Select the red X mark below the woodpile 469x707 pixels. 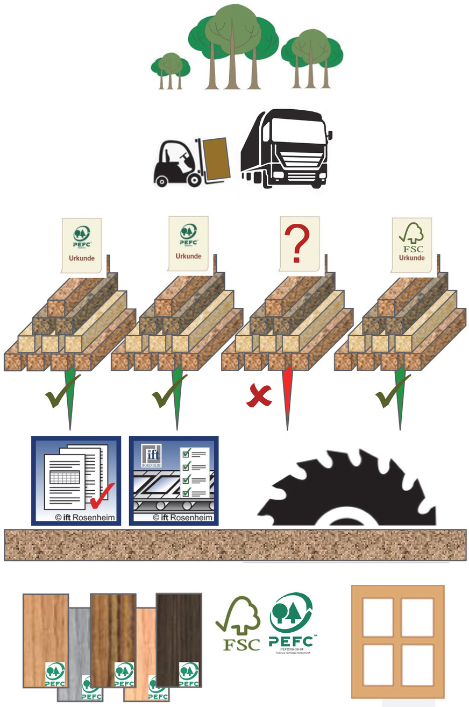tap(259, 396)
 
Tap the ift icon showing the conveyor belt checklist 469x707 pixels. tap(174, 480)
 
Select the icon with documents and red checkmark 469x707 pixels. tap(76, 480)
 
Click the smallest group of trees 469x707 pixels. tap(169, 70)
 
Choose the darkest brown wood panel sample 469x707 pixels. tap(178, 638)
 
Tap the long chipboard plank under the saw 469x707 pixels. tap(234, 545)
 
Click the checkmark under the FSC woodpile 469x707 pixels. tap(389, 397)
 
